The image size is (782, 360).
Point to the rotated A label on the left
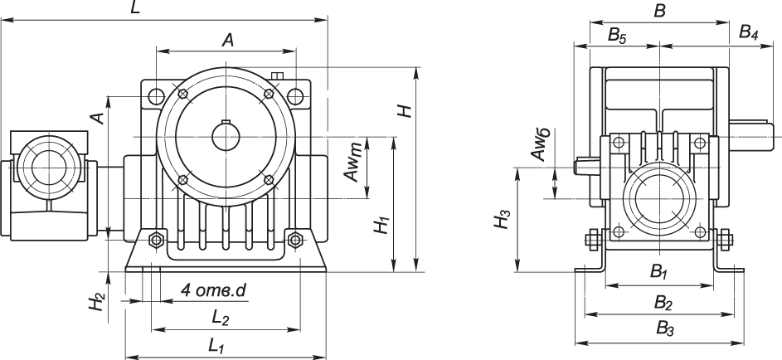pyautogui.click(x=98, y=119)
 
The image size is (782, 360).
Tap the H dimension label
pyautogui.click(x=404, y=110)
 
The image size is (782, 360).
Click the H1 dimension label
pyautogui.click(x=380, y=226)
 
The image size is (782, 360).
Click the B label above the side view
pyautogui.click(x=660, y=10)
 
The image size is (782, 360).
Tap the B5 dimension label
pyautogui.click(x=618, y=34)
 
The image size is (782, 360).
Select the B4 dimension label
pyautogui.click(x=749, y=34)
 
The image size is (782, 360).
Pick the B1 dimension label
pyautogui.click(x=659, y=271)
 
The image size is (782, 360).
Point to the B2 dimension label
pyautogui.click(x=663, y=300)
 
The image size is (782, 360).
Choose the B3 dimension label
pyautogui.click(x=664, y=328)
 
